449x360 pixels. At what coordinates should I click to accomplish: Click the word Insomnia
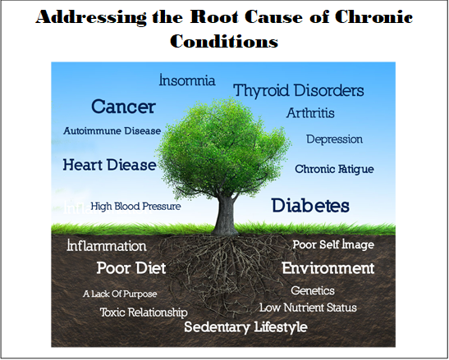tap(187, 80)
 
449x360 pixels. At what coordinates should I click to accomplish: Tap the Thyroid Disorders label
tap(299, 91)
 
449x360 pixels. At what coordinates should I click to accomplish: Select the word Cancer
tap(123, 107)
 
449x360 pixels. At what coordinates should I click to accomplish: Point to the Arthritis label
tap(310, 113)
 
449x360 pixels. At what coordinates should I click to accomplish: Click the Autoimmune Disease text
tap(112, 131)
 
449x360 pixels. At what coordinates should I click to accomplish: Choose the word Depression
tap(334, 139)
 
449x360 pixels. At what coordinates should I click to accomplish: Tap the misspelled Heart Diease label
tap(110, 165)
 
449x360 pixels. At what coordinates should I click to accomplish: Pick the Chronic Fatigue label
tap(334, 169)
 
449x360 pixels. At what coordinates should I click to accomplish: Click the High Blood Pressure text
tap(135, 207)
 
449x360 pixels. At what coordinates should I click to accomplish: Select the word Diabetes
tap(310, 206)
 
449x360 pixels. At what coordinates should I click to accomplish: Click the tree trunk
tap(226, 215)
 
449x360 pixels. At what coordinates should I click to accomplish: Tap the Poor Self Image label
tap(333, 244)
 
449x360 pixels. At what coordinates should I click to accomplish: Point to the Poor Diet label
tap(131, 268)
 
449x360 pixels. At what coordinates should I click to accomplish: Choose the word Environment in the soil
tap(328, 268)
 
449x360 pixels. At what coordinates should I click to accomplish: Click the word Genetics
tap(313, 291)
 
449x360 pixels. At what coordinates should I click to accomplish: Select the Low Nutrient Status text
tap(308, 308)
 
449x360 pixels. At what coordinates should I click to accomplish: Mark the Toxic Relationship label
tap(144, 312)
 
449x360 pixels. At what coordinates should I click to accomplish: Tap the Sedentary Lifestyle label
tap(245, 327)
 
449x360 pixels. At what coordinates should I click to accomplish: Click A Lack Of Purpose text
tap(120, 294)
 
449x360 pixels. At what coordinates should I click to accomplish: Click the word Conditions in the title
tap(224, 41)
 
